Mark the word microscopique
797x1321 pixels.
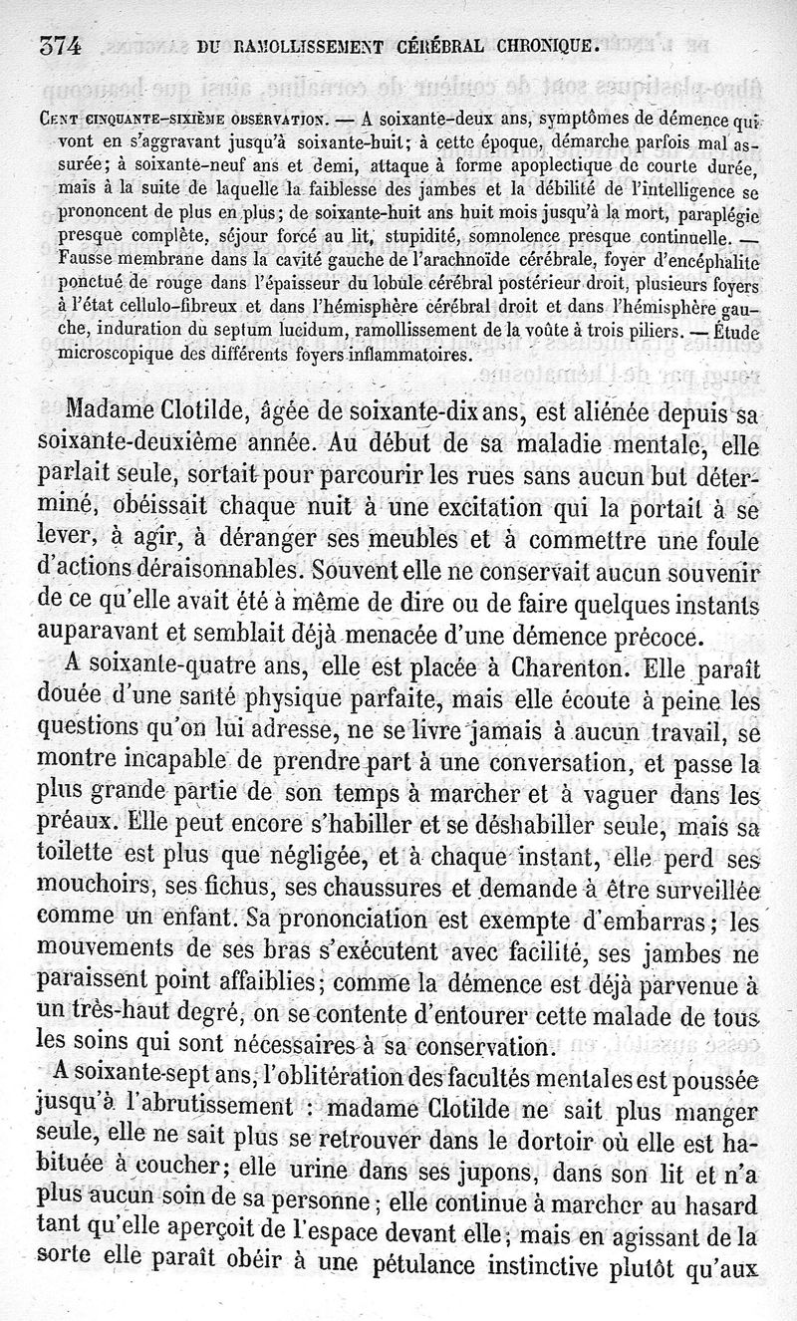coord(111,354)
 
